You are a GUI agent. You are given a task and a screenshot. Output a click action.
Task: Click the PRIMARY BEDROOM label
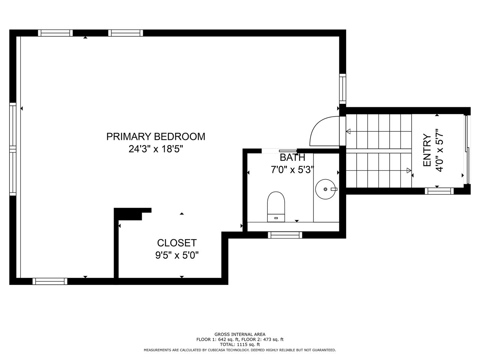(x=156, y=136)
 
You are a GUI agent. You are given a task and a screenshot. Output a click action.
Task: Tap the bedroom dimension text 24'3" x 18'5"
(x=156, y=149)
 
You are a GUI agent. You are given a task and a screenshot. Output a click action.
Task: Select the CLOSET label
(x=177, y=243)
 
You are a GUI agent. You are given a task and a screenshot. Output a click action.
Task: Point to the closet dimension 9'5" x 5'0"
(x=177, y=255)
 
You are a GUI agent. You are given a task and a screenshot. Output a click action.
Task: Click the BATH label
(x=292, y=157)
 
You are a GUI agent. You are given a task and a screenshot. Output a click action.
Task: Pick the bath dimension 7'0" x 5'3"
(x=292, y=169)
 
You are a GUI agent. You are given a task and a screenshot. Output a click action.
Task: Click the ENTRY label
(x=427, y=150)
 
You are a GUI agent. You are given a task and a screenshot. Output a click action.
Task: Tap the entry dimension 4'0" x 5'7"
(x=439, y=150)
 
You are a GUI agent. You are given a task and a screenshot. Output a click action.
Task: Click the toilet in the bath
(x=276, y=207)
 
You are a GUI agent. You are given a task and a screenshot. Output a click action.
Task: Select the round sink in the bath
(x=325, y=189)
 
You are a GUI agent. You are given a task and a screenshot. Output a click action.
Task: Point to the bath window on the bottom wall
(x=285, y=235)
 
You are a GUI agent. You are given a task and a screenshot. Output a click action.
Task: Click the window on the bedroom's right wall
(x=343, y=89)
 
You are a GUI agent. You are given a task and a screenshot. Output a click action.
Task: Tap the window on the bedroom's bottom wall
(x=50, y=281)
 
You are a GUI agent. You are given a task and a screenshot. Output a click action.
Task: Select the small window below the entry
(x=439, y=191)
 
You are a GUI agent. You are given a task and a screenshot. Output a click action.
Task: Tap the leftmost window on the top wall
(x=55, y=33)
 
